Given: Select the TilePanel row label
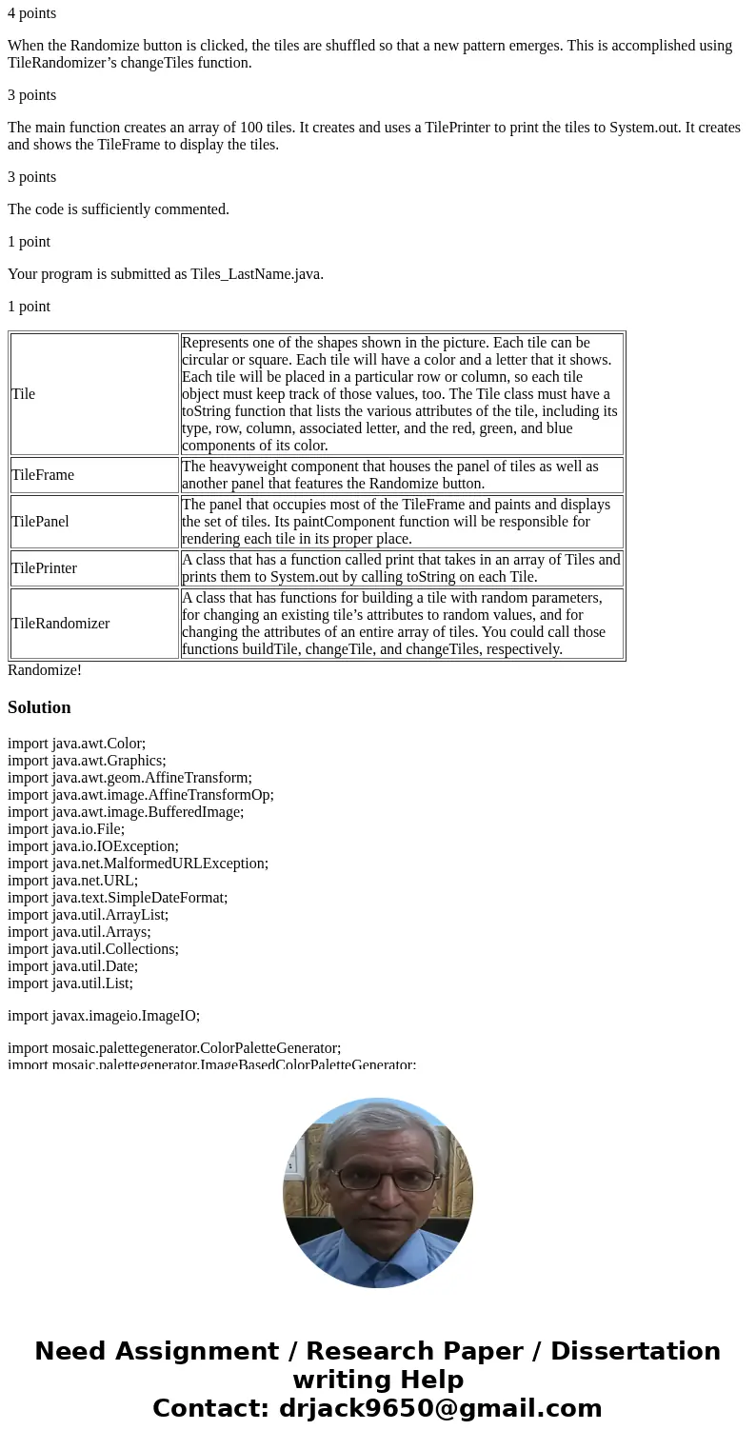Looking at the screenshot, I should (x=40, y=522).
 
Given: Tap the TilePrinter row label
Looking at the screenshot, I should (x=44, y=568).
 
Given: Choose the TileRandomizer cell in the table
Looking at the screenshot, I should (x=60, y=624).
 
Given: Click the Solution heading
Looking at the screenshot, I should (x=39, y=707).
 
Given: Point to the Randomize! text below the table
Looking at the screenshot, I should (x=45, y=670).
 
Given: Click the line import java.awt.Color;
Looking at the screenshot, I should (x=76, y=744).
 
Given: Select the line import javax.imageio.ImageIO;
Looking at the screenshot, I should (x=104, y=1016).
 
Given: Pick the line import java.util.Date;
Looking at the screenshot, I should (x=72, y=966).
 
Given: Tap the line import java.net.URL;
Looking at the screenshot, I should (x=72, y=881).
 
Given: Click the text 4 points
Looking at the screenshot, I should (x=31, y=13).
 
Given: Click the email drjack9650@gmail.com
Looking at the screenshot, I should (x=440, y=1409).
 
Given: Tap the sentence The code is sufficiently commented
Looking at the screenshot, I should (x=118, y=209).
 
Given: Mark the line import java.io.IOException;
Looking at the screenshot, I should (x=93, y=846).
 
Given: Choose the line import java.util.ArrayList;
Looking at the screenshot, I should (x=88, y=915).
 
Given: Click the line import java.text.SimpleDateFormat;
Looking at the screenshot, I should (x=117, y=898).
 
